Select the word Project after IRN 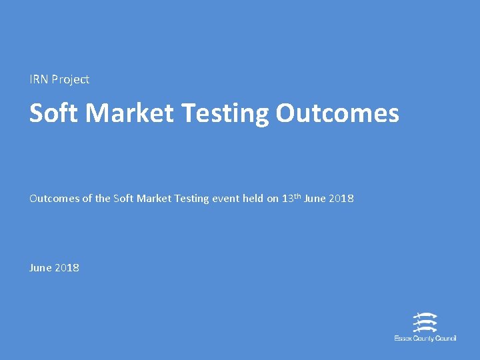[70, 80]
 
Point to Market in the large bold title [131, 113]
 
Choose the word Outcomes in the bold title [337, 113]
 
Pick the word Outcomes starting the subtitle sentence [55, 199]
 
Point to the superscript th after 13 [297, 196]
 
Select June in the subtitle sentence [315, 199]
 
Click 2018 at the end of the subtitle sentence [341, 199]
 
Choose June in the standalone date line [40, 267]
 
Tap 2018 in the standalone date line [67, 267]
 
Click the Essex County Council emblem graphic [425, 323]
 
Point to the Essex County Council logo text [425, 339]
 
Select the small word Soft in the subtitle [123, 199]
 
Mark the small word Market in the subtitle [154, 199]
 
